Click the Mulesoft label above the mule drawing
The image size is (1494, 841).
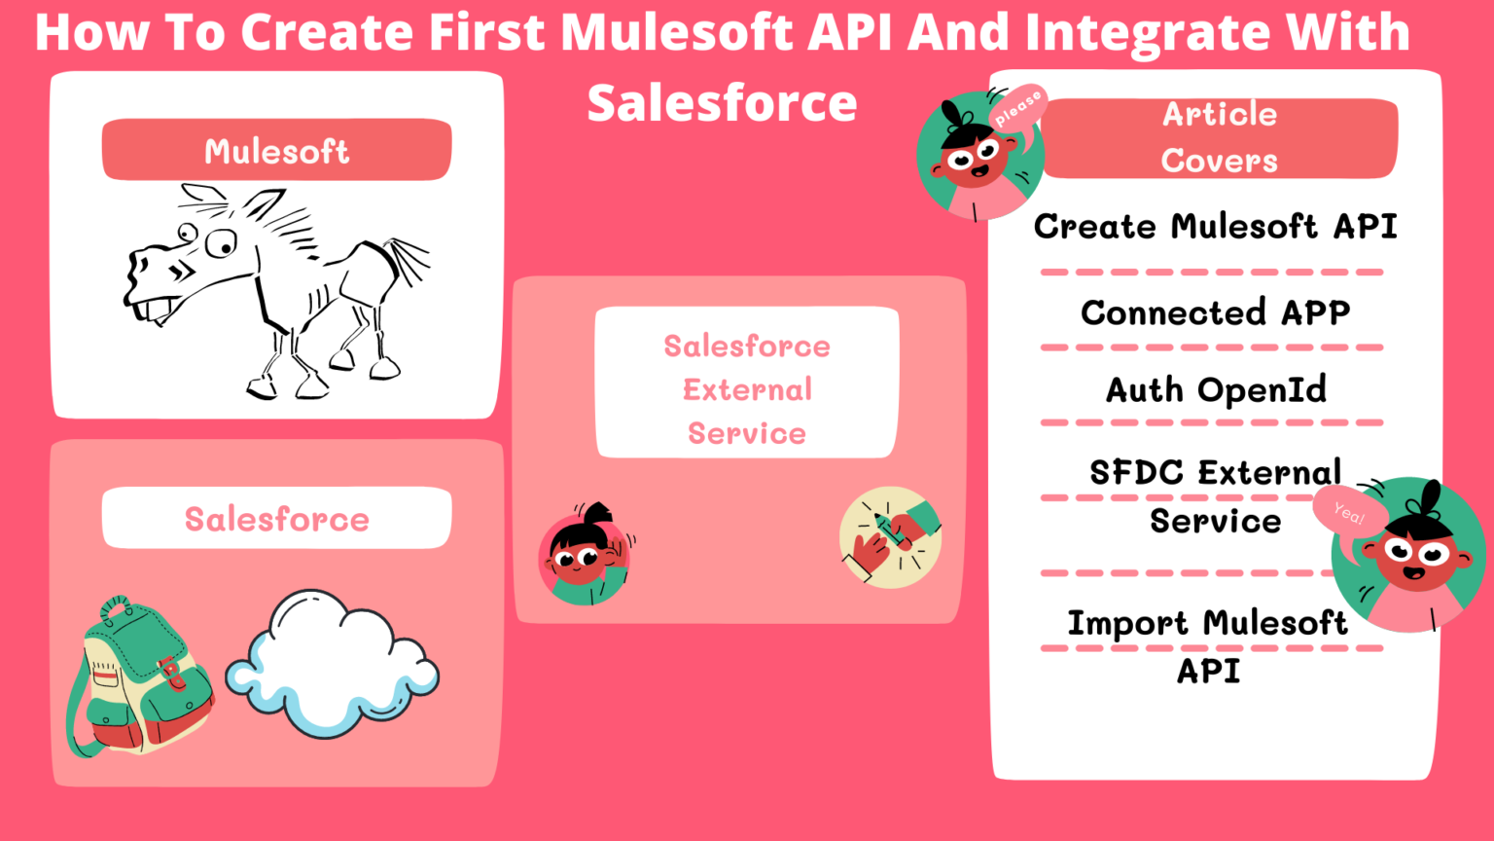(276, 150)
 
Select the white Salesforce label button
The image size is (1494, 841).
(276, 518)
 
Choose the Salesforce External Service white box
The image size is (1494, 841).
(746, 383)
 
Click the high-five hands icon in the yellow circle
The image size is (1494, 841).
(890, 537)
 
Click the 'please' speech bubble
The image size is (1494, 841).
(1017, 107)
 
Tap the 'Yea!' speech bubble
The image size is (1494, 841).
(1348, 510)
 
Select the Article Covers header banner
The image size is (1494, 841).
(1219, 137)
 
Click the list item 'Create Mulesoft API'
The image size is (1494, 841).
(1215, 227)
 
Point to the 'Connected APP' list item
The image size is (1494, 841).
(1215, 312)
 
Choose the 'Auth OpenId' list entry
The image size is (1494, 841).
(1216, 389)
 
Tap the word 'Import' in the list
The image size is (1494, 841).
(1127, 623)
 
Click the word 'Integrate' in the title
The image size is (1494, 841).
(1148, 31)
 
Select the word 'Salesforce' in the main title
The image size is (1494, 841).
(722, 102)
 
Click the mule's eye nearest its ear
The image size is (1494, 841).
(222, 242)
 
